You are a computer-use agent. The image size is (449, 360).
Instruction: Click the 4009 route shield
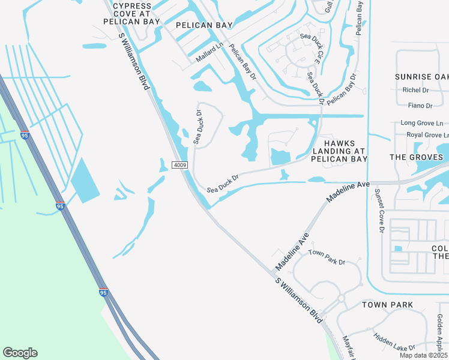[179, 165]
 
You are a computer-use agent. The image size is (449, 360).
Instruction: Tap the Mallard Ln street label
[209, 52]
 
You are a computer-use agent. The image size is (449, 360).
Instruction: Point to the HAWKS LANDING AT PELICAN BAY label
[339, 151]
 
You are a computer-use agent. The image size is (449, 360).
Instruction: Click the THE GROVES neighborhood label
[416, 157]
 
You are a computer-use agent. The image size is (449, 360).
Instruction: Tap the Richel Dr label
[416, 90]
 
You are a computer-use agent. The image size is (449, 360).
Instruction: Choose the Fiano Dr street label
[420, 106]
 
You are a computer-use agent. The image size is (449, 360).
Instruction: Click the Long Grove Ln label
[421, 123]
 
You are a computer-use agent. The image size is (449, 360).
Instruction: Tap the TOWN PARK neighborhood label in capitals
[387, 305]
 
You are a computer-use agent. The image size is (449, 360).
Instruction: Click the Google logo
[20, 353]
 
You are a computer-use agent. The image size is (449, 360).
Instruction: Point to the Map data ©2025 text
[424, 355]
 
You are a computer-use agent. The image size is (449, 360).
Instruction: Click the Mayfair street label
[346, 347]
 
